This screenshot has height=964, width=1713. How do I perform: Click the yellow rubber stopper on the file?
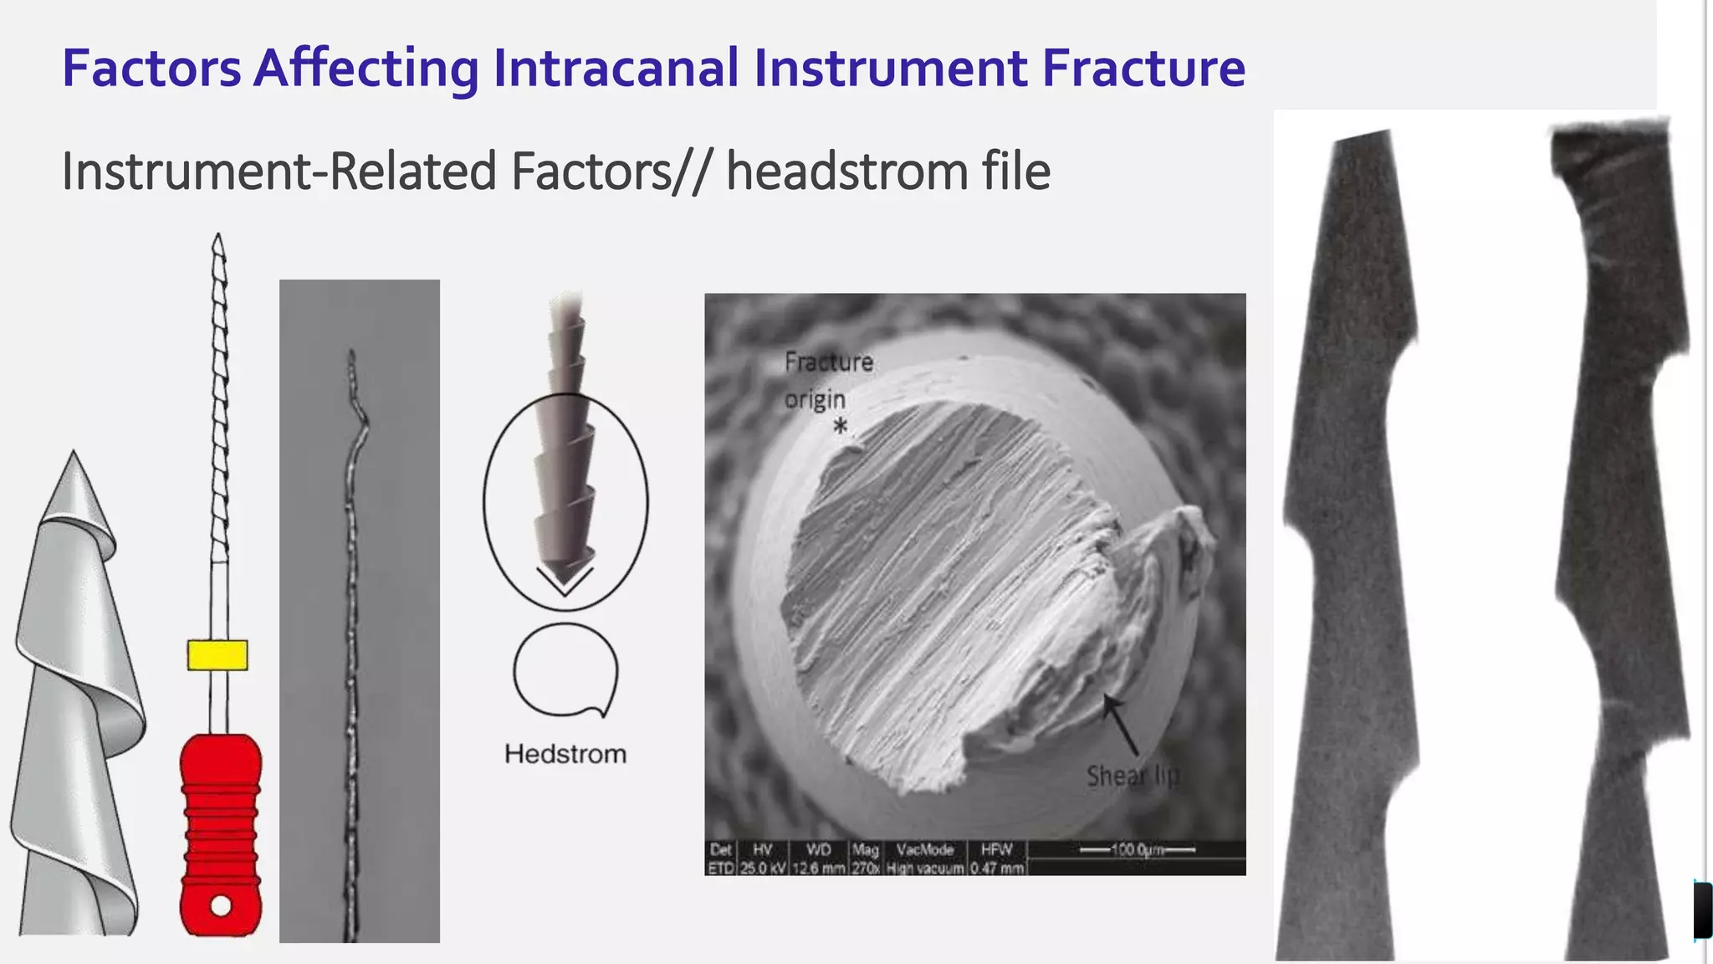[x=217, y=655]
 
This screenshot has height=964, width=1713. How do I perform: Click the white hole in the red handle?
[x=221, y=905]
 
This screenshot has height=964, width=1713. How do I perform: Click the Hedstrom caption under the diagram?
[x=565, y=754]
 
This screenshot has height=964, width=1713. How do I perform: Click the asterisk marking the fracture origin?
[x=841, y=427]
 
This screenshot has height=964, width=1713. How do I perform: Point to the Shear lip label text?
[x=1133, y=777]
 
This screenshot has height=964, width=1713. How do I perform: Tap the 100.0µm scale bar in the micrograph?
[x=1137, y=850]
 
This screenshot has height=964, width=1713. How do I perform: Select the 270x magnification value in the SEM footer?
[x=866, y=869]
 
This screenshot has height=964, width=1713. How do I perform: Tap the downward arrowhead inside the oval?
[x=565, y=579]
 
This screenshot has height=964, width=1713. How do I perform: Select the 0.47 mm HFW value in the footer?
[x=997, y=869]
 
